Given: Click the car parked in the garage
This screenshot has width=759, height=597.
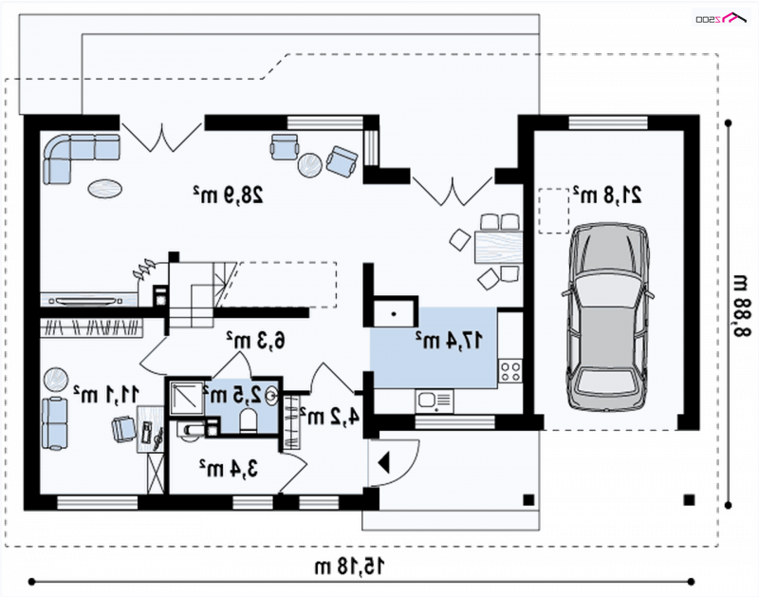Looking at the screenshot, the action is coord(608,317).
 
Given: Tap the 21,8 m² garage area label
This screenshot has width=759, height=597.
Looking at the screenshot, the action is coord(607,195).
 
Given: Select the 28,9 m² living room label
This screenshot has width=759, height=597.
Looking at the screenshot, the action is coord(228,195).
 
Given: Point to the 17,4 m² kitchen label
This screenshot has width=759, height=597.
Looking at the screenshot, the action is coord(449,340).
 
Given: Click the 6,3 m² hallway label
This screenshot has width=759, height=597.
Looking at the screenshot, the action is coord(256,340).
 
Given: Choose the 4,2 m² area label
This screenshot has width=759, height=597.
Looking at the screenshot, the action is coord(329,416).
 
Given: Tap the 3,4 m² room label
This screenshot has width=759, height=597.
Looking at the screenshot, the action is coord(228,468).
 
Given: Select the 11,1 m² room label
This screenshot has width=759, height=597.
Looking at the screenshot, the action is coord(106,394).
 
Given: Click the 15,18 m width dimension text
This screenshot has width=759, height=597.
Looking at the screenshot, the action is coord(349,566).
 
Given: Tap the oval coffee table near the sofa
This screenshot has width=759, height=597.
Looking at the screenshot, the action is coord(104,188).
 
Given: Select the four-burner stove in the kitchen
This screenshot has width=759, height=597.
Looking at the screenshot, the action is coord(510,371).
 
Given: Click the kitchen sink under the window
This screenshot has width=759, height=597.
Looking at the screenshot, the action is coord(434,401).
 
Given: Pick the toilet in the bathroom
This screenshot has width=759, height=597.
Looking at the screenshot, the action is coord(249,420).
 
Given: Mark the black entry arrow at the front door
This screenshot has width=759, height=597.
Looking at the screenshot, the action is coord(383,462).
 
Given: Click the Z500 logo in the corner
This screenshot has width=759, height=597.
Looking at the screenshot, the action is coord(721,18).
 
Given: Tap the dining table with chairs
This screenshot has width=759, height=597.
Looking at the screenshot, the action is coord(498,247).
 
